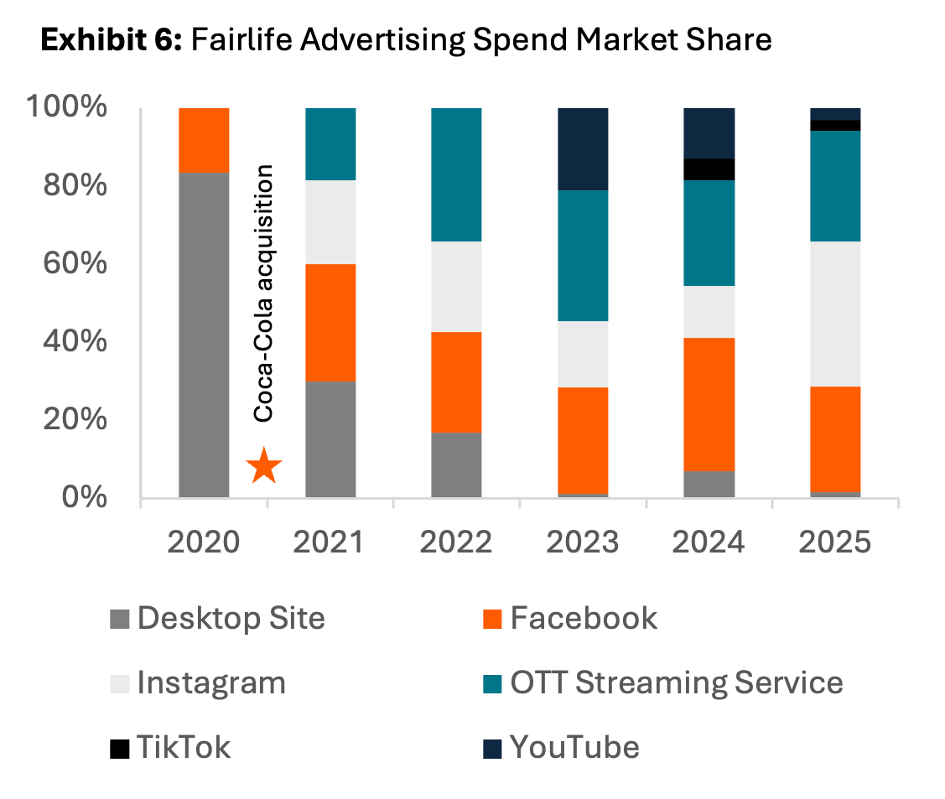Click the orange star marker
click(264, 466)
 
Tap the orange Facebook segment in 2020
click(205, 140)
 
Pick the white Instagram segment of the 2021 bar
click(330, 222)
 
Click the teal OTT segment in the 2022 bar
click(456, 174)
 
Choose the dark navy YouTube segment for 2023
click(583, 149)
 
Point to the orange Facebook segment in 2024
click(709, 404)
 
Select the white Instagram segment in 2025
click(835, 314)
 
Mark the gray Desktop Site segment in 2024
click(709, 484)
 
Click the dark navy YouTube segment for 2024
click(709, 133)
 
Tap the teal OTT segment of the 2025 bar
click(835, 186)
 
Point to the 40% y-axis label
click(75, 341)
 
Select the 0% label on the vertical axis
click(86, 497)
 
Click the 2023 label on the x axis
click(583, 542)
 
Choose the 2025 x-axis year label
click(835, 542)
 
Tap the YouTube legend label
click(574, 746)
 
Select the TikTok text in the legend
click(184, 746)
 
